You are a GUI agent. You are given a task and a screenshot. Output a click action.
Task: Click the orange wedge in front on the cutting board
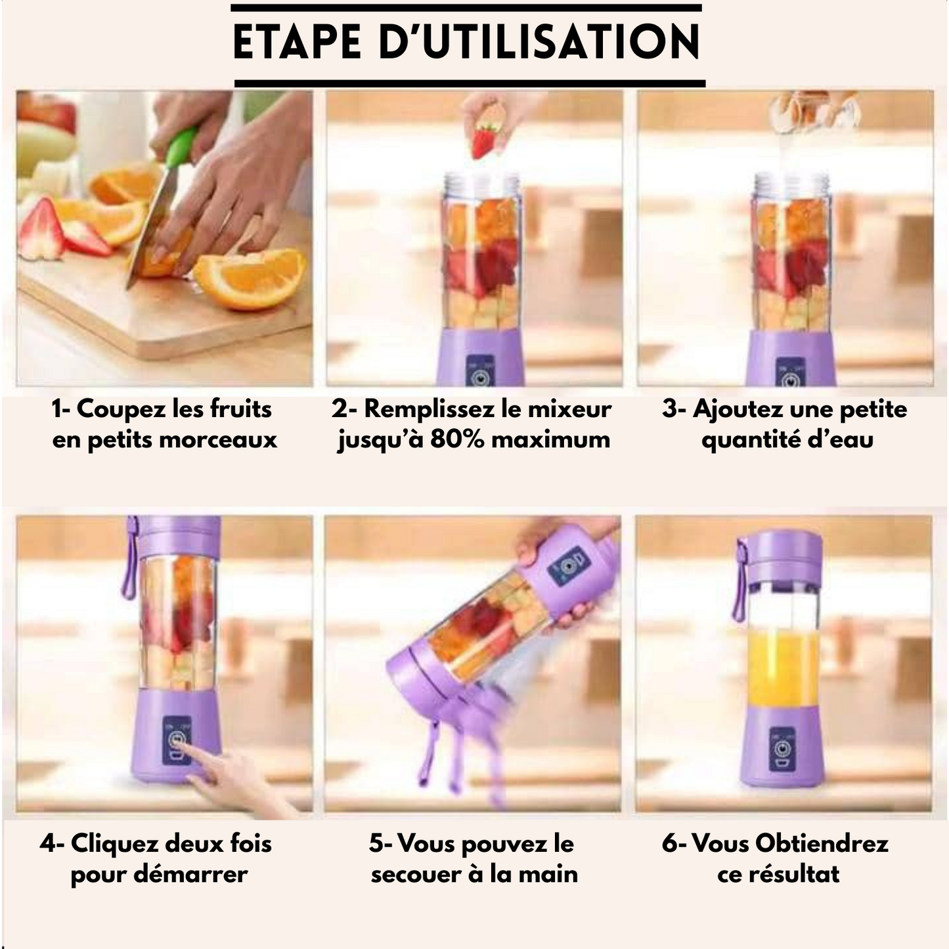click(x=250, y=279)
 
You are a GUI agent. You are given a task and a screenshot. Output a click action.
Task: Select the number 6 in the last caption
click(x=669, y=843)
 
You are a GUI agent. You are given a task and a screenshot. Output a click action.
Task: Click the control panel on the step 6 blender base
click(x=782, y=749)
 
